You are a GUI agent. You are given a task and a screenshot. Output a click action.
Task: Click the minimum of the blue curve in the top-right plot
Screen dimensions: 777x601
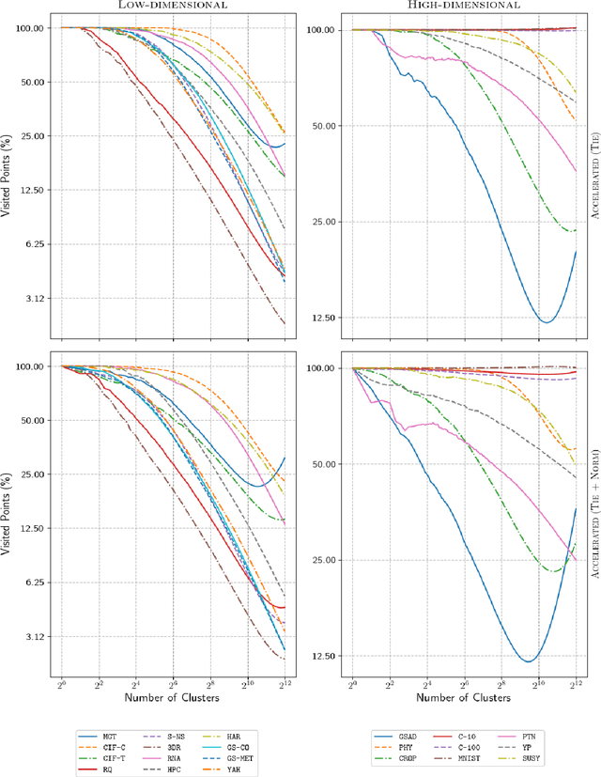pos(547,322)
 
